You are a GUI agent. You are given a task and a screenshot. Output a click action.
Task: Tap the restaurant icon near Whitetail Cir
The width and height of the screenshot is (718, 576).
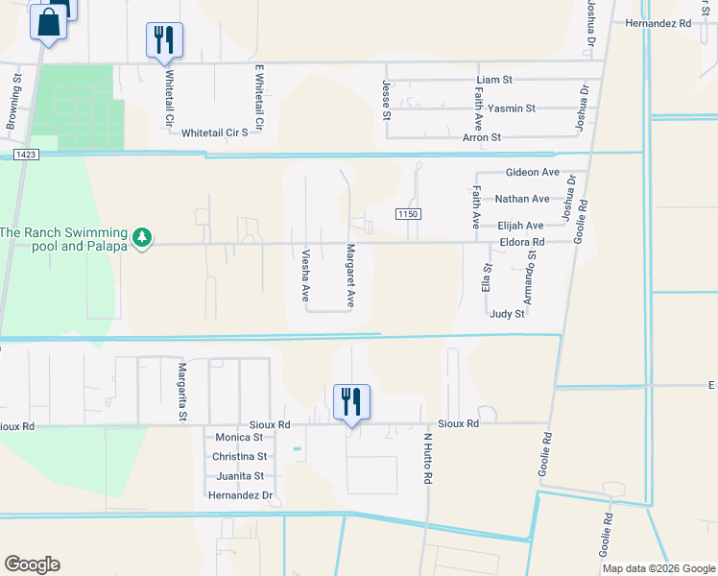[163, 39]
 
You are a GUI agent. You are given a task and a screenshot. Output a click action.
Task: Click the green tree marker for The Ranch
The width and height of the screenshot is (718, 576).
[142, 236]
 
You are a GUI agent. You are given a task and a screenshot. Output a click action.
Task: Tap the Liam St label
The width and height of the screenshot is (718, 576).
[495, 80]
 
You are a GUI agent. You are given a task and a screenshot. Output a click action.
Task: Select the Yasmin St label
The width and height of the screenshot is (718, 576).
[512, 108]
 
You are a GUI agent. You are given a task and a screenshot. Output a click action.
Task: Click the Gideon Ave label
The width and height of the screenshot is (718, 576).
[532, 172]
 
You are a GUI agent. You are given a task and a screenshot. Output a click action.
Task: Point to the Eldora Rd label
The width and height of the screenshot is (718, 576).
[522, 242]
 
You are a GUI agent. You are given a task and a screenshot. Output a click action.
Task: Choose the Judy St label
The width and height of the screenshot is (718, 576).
[507, 314]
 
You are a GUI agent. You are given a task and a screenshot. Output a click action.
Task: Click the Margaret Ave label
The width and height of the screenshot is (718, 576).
[350, 276]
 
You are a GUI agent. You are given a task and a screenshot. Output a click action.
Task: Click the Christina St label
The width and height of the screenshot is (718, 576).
[241, 457]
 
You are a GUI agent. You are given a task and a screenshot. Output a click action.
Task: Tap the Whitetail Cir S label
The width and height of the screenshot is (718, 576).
[215, 132]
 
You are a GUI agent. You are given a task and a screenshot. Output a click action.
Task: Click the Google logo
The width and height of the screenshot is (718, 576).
[32, 564]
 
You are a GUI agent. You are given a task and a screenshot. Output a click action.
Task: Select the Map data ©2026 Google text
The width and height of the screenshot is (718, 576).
[658, 568]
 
